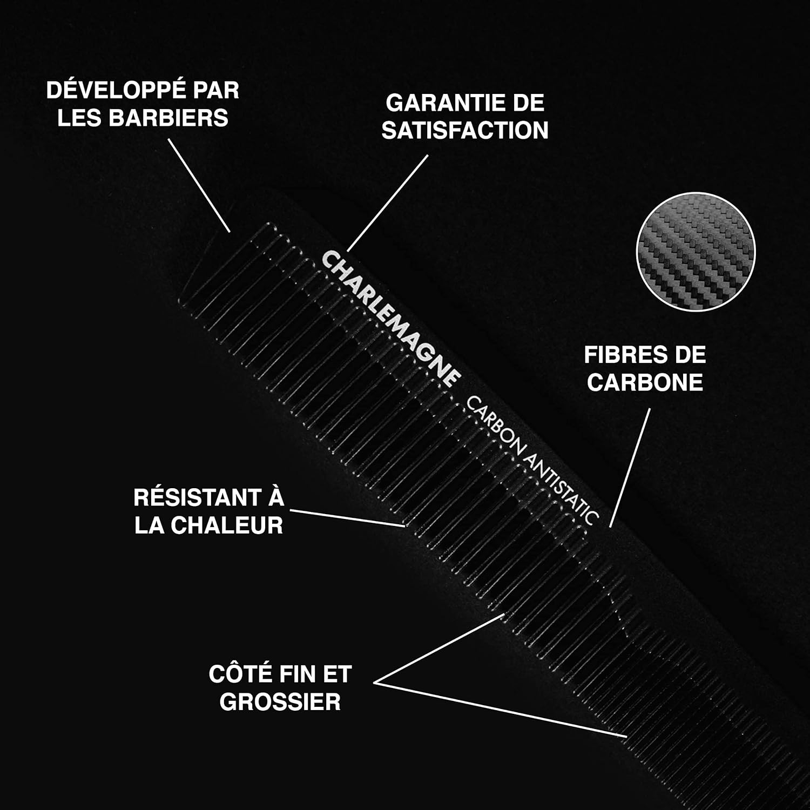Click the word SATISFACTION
tap(465, 131)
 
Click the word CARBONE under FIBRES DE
tap(645, 383)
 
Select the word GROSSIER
tap(280, 702)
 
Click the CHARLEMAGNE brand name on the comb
tap(391, 319)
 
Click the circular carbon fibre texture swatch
tap(696, 252)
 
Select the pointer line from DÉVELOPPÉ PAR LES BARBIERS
tap(199, 185)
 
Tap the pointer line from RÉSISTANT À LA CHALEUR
tap(347, 517)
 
